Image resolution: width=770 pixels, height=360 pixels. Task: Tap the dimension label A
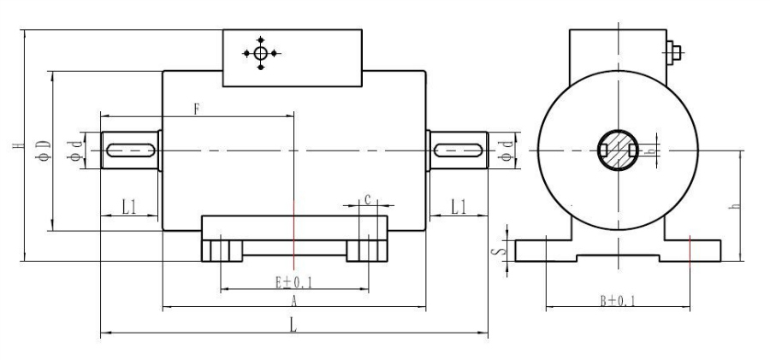293,302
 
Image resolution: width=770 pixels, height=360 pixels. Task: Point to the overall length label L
293,325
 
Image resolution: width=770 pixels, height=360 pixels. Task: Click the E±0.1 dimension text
293,281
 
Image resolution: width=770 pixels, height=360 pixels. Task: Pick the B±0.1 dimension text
617,301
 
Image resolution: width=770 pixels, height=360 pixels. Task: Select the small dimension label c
367,199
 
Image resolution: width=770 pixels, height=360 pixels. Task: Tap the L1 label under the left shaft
128,205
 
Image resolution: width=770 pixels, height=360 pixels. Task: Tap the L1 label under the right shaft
459,205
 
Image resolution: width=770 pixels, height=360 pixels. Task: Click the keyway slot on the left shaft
130,150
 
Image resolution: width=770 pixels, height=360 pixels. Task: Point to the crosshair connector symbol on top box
261,53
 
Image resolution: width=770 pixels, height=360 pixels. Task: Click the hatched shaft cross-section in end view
617,150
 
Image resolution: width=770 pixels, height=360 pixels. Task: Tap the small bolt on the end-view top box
674,53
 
